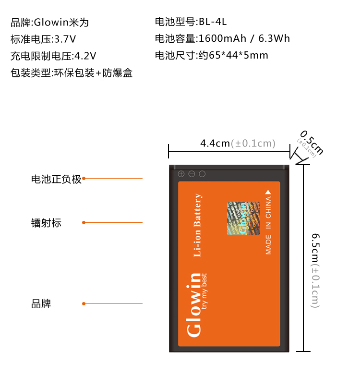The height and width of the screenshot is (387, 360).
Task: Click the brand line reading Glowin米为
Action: (49, 22)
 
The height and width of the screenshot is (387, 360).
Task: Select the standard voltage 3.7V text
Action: (43, 39)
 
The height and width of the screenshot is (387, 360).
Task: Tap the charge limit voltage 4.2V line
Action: (53, 56)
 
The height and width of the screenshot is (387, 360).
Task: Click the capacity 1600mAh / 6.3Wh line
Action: (222, 39)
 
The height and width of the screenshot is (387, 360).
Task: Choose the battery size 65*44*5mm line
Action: (211, 56)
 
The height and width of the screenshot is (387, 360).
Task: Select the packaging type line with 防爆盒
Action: (71, 73)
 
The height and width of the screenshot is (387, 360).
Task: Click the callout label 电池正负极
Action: (56, 179)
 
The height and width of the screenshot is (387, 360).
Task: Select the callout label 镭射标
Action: (46, 223)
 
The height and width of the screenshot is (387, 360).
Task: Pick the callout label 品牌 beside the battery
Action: (41, 304)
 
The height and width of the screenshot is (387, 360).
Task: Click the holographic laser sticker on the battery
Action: (243, 218)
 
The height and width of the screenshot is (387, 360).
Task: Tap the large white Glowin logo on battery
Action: (194, 304)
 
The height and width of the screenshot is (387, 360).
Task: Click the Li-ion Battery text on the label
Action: (197, 225)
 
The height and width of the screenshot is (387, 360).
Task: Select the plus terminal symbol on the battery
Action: (181, 174)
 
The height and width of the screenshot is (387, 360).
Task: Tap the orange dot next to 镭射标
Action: (84, 222)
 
